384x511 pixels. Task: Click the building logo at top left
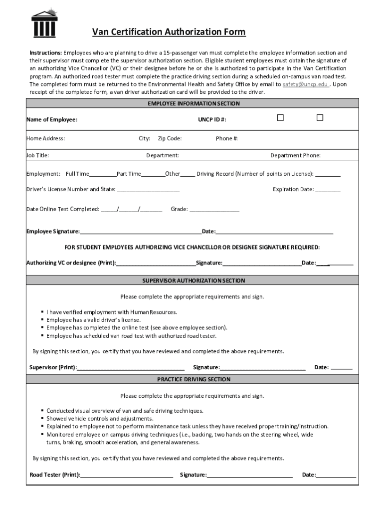pyautogui.click(x=44, y=22)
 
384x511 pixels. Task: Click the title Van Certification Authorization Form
pyautogui.click(x=169, y=32)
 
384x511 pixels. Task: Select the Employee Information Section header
pyautogui.click(x=193, y=104)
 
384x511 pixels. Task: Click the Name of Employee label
pyautogui.click(x=52, y=120)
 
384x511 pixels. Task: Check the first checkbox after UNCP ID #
pyautogui.click(x=280, y=118)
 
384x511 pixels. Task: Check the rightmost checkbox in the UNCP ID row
pyautogui.click(x=320, y=118)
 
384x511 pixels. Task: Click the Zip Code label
pyautogui.click(x=170, y=139)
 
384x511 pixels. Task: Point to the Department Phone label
pyautogui.click(x=295, y=156)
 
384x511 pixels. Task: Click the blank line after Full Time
pyautogui.click(x=103, y=175)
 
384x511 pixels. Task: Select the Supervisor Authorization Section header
pyautogui.click(x=193, y=281)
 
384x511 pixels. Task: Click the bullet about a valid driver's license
pyautogui.click(x=94, y=320)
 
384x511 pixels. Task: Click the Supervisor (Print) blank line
pyautogui.click(x=134, y=368)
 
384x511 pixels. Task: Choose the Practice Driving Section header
pyautogui.click(x=193, y=379)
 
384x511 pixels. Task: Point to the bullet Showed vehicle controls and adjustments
pyautogui.click(x=100, y=419)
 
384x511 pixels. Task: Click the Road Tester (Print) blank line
pyautogui.click(x=127, y=476)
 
